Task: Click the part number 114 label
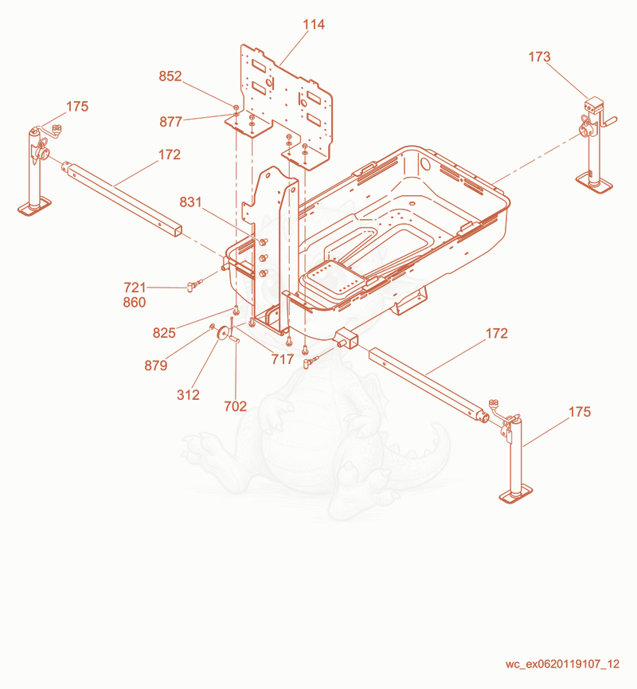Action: pos(314,25)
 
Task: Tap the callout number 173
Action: pos(539,57)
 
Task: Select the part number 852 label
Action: pos(170,76)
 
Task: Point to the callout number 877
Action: pos(171,122)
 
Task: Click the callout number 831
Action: pos(190,202)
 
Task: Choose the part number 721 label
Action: pos(135,288)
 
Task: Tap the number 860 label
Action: pos(135,303)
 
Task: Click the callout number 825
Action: pos(164,333)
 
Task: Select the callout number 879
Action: pos(156,366)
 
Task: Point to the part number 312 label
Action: pos(188,395)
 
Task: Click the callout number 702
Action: pos(236,406)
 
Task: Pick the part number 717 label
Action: pos(283,359)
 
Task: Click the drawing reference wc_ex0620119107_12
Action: pos(562,664)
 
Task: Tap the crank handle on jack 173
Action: pos(609,122)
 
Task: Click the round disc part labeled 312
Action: pos(223,334)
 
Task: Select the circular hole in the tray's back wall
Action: pos(424,164)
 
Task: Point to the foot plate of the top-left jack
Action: pos(34,206)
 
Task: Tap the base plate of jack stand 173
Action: pos(594,182)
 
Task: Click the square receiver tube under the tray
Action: pos(348,339)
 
